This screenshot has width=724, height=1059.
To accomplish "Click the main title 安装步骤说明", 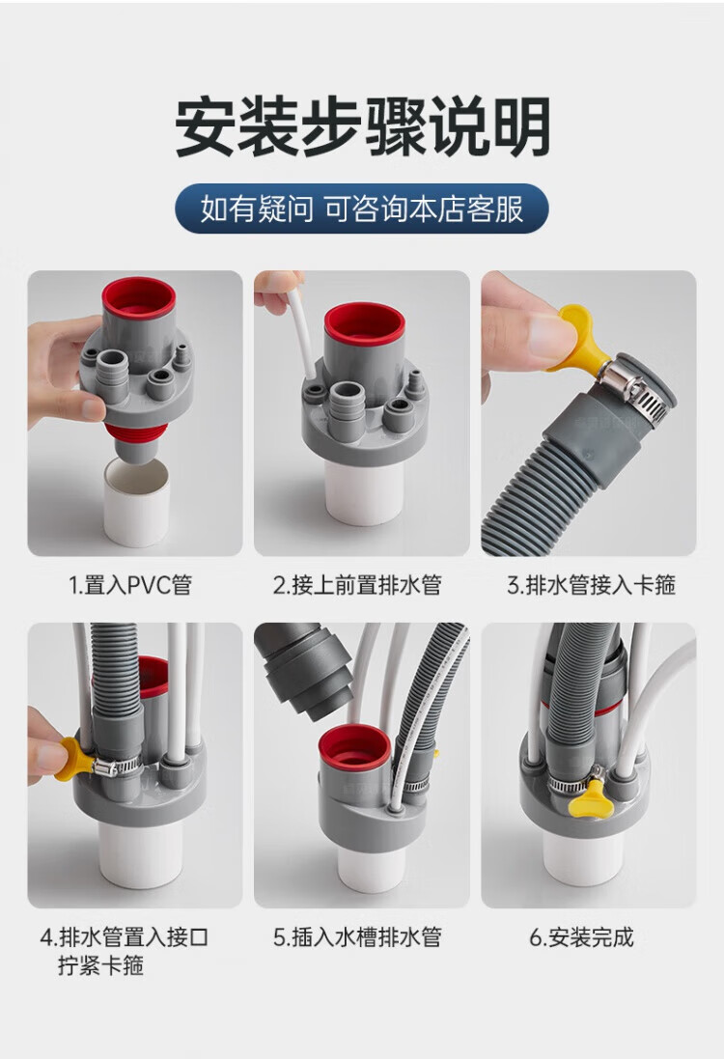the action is pyautogui.click(x=363, y=127).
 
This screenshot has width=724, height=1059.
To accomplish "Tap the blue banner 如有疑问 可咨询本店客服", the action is pyautogui.click(x=361, y=209).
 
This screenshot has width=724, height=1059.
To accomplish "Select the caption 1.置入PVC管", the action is pyautogui.click(x=131, y=585).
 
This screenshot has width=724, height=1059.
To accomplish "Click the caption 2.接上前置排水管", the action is pyautogui.click(x=357, y=585).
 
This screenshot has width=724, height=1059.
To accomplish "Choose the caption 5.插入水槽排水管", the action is pyautogui.click(x=358, y=937).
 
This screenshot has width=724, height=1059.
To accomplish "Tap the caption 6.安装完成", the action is pyautogui.click(x=581, y=937).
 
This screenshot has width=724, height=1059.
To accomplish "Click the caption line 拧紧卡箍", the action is pyautogui.click(x=100, y=965).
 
